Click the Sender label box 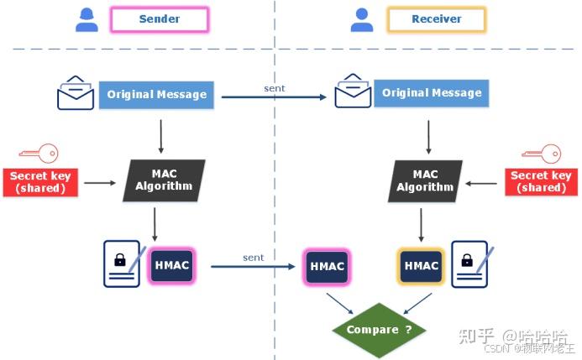pos(159,19)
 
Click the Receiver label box pos(436,19)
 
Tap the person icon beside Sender pos(87,20)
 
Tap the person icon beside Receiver pos(362,20)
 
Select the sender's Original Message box pos(157,95)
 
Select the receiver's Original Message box pos(433,93)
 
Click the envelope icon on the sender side pos(76,94)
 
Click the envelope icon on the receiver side pos(353,93)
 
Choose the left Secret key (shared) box pos(40,182)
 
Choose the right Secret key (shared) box pos(540,181)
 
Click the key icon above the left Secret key pos(39,154)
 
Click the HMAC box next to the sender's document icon pos(171,266)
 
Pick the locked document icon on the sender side pos(123,264)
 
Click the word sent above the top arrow pos(274,88)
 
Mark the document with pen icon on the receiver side pos(469,264)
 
